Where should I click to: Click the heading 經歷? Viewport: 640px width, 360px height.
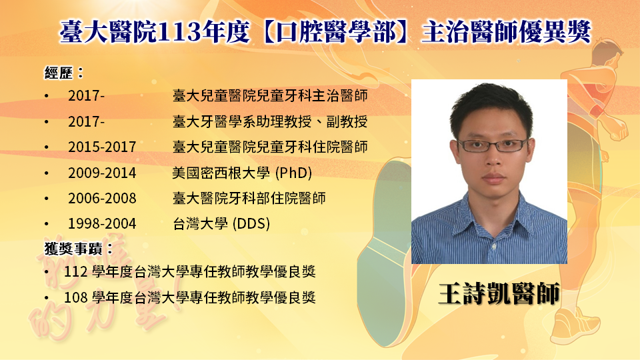59,73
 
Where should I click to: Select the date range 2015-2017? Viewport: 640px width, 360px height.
102,147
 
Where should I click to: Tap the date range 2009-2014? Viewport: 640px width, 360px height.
102,173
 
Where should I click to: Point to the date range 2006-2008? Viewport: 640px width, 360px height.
102,199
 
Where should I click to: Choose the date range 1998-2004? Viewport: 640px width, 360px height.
102,224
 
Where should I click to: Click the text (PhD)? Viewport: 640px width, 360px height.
293,173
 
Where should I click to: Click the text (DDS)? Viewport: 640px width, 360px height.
251,224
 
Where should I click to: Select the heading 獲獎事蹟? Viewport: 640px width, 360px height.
73,248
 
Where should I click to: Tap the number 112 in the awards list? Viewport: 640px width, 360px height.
75,272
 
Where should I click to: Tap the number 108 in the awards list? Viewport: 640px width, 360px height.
75,297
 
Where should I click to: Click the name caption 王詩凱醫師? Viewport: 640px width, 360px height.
499,293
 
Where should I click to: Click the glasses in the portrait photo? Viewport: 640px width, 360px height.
493,145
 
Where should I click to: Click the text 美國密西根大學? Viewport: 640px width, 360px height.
221,173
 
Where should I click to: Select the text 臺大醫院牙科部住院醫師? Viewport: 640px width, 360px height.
249,199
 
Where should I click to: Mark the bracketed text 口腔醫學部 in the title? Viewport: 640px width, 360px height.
336,31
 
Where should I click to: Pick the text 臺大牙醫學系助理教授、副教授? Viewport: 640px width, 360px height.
270,121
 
